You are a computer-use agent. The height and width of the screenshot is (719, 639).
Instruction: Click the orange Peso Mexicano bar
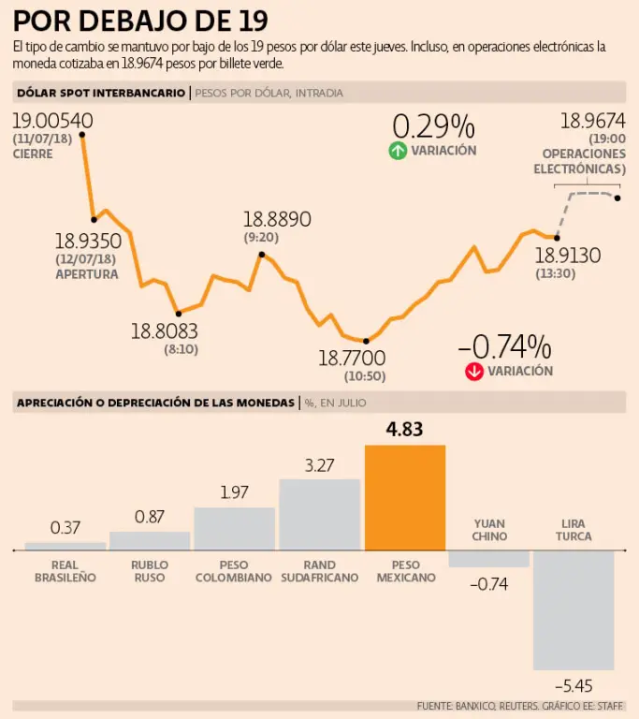click(x=404, y=497)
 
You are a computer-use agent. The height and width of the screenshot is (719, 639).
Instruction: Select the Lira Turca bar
click(x=574, y=609)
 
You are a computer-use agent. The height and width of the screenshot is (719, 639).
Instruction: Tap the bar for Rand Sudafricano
click(x=319, y=514)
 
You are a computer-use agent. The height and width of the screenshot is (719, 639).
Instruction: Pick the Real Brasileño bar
click(x=65, y=545)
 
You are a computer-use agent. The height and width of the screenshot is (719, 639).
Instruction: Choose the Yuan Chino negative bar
click(x=488, y=559)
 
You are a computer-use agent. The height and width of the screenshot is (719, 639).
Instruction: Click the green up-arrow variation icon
click(x=398, y=151)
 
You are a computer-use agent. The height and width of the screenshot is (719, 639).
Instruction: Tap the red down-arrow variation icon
click(x=473, y=372)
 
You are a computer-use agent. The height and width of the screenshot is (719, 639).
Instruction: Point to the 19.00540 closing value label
click(x=52, y=121)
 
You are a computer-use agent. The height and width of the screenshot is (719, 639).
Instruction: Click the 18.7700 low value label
click(x=352, y=358)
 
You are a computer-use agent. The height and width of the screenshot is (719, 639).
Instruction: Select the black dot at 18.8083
click(x=178, y=313)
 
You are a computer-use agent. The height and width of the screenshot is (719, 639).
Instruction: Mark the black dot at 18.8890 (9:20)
click(x=262, y=254)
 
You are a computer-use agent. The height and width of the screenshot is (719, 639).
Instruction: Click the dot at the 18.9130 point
click(x=557, y=238)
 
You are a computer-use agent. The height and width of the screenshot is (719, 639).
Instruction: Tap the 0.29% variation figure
click(x=433, y=126)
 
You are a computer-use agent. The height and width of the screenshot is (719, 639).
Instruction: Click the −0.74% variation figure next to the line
click(x=504, y=346)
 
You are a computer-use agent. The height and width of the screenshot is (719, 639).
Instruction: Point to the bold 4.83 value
click(x=404, y=431)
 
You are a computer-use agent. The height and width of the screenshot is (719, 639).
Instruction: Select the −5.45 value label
click(x=574, y=684)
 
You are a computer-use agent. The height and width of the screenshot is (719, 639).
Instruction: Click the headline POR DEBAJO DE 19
click(x=140, y=20)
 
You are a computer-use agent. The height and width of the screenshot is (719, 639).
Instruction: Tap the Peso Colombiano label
click(x=234, y=571)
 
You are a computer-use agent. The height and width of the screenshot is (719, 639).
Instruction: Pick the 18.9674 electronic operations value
click(x=592, y=121)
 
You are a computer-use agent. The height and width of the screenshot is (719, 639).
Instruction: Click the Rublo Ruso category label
click(x=150, y=571)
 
